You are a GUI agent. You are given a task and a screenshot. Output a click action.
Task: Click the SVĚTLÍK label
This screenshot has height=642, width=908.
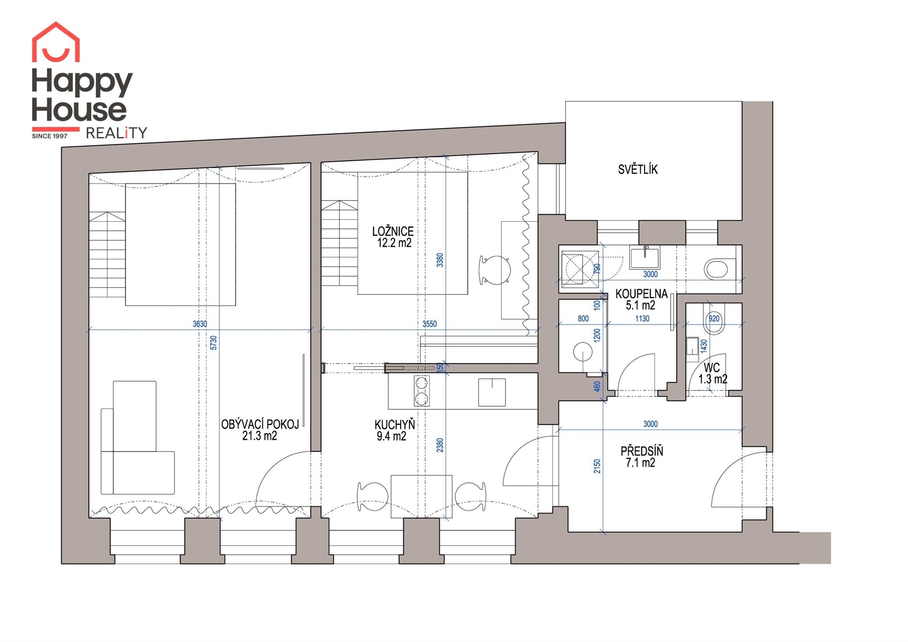[x=637, y=169]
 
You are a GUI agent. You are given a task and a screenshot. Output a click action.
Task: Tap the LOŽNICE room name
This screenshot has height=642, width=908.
[x=393, y=231]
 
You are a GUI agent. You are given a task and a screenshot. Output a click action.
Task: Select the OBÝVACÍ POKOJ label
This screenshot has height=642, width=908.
[x=260, y=424]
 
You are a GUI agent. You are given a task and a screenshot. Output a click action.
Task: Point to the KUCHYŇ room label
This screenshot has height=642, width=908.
[x=394, y=424]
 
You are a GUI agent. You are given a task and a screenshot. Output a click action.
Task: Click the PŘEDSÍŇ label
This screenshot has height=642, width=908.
[x=641, y=451]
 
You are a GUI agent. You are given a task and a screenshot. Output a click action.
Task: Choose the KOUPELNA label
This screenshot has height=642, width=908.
[x=641, y=294]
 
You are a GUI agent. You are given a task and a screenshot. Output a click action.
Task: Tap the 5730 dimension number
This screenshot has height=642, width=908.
[x=213, y=343]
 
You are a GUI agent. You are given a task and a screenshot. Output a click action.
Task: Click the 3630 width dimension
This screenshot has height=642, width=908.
[x=200, y=324]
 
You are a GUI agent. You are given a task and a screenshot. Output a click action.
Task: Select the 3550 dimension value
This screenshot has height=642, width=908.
[x=429, y=324]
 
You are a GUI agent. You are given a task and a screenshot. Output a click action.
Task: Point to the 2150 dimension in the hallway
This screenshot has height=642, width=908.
[x=597, y=466]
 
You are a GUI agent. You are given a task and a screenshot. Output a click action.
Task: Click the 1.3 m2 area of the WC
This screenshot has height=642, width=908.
[x=713, y=379]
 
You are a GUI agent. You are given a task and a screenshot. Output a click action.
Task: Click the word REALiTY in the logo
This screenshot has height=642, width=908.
[x=116, y=133]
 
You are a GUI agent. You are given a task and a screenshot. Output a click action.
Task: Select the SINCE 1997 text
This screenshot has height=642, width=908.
[x=50, y=136]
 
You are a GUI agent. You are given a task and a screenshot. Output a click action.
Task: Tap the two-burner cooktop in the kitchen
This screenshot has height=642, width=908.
[x=421, y=391]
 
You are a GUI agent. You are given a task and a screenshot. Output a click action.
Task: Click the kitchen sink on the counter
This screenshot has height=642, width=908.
[x=492, y=392]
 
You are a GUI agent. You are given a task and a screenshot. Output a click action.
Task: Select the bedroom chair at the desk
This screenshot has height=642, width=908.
[x=495, y=270]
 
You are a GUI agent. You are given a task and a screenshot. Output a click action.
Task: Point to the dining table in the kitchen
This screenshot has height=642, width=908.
[x=421, y=496]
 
